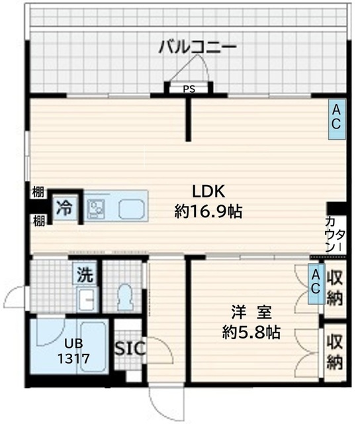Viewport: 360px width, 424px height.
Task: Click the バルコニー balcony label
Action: click(x=197, y=47)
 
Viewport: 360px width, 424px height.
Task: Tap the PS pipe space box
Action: click(x=189, y=89)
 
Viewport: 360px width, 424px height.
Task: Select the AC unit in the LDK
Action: click(x=336, y=119)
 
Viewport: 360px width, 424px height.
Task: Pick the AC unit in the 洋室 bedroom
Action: click(x=316, y=284)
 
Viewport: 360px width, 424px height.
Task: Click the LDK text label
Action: click(x=208, y=191)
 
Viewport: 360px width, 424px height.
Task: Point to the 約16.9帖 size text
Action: click(x=208, y=211)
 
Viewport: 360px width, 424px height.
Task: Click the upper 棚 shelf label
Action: click(x=38, y=193)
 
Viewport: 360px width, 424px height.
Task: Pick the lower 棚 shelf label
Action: click(x=38, y=221)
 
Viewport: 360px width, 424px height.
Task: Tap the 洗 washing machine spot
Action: click(x=85, y=274)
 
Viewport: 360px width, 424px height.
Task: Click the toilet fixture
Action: click(x=125, y=297)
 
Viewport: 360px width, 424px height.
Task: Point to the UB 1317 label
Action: click(x=73, y=351)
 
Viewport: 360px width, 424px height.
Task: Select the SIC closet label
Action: click(x=130, y=348)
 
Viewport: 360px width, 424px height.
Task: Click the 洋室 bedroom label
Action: click(x=251, y=312)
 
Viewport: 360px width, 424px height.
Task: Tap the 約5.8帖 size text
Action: click(x=251, y=332)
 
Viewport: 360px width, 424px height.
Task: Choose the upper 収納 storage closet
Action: click(x=335, y=288)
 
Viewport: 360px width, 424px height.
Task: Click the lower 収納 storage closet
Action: click(x=335, y=352)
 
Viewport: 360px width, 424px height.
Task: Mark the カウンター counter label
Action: click(x=335, y=235)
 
